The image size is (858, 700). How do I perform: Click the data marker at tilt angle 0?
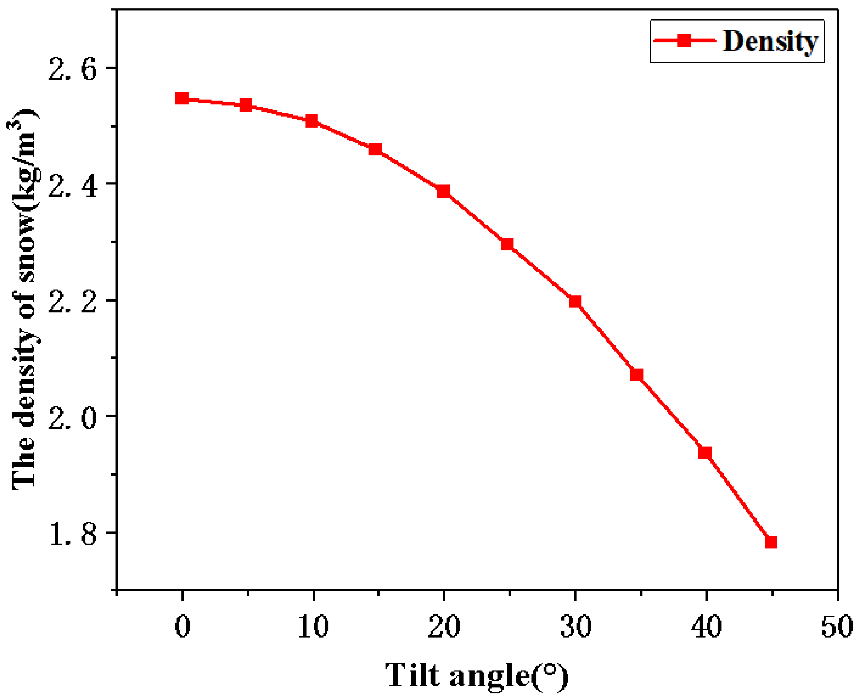tap(182, 98)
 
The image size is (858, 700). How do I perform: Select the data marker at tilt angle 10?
tap(311, 121)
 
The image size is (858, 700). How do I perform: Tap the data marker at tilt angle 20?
tap(443, 191)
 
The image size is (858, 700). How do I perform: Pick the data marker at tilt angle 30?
tap(575, 302)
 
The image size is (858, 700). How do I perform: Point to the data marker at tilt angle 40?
tap(705, 452)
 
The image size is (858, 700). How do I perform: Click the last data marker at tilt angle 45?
tap(771, 542)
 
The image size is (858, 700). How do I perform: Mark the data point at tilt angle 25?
tap(507, 244)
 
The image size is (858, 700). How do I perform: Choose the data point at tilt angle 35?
tap(637, 374)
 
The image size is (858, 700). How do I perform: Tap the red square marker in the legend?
tap(684, 40)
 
